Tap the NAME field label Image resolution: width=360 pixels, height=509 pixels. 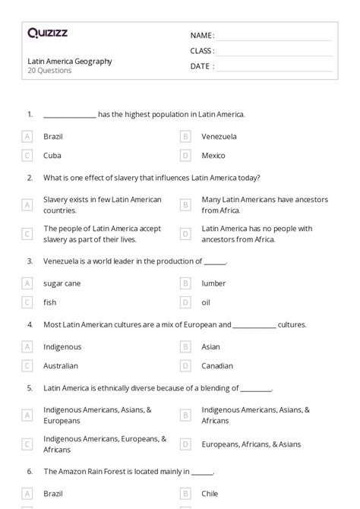click(202, 35)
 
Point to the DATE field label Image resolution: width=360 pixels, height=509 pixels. click(202, 66)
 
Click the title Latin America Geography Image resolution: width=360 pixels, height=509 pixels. click(69, 62)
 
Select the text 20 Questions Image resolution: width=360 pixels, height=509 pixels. click(49, 71)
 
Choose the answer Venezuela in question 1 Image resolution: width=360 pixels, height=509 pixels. click(219, 137)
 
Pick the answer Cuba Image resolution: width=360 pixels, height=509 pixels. click(52, 155)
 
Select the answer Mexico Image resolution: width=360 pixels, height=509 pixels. click(213, 155)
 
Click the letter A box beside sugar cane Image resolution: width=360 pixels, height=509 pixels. click(27, 283)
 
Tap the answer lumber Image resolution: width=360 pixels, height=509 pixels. click(213, 283)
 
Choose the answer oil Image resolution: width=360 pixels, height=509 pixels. click(207, 302)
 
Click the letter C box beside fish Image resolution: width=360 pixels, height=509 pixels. click(27, 302)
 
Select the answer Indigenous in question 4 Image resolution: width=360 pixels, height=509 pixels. click(62, 346)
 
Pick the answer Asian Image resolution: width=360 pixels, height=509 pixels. click(211, 346)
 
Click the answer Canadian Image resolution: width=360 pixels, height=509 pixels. click(217, 365)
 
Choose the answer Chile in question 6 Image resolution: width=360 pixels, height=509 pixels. click(210, 493)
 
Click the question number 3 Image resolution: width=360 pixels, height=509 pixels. click(30, 261)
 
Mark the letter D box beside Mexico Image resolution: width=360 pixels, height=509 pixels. click(185, 155)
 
